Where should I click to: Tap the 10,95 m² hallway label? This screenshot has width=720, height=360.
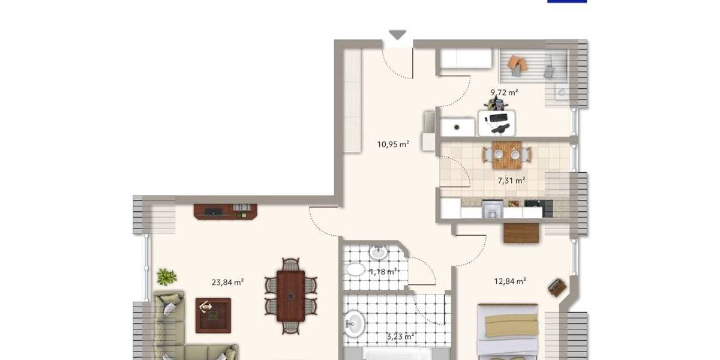pos(393,144)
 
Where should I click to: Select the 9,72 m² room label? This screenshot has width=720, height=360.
pos(504,92)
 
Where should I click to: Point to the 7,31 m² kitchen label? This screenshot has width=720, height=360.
pos(511,180)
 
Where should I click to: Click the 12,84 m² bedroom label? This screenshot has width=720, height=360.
pos(510,281)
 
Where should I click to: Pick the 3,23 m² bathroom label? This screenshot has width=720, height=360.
pos(400,337)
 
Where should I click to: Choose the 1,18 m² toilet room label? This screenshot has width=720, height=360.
pos(384,272)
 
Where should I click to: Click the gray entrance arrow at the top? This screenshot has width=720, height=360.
pos(397,35)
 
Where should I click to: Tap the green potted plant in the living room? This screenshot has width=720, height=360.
pos(166,277)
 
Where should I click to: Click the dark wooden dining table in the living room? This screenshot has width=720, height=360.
pos(292,295)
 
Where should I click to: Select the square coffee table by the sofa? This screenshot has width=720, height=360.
pos(212,315)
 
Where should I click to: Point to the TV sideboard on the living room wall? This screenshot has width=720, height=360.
pos(225,211)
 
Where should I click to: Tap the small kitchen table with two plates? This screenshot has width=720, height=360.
pos(507,154)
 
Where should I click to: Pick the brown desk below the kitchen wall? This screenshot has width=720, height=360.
pos(521,232)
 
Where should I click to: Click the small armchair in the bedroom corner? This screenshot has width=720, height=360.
pos(557,287)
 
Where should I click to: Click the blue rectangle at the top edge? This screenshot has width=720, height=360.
pos(566,1)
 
